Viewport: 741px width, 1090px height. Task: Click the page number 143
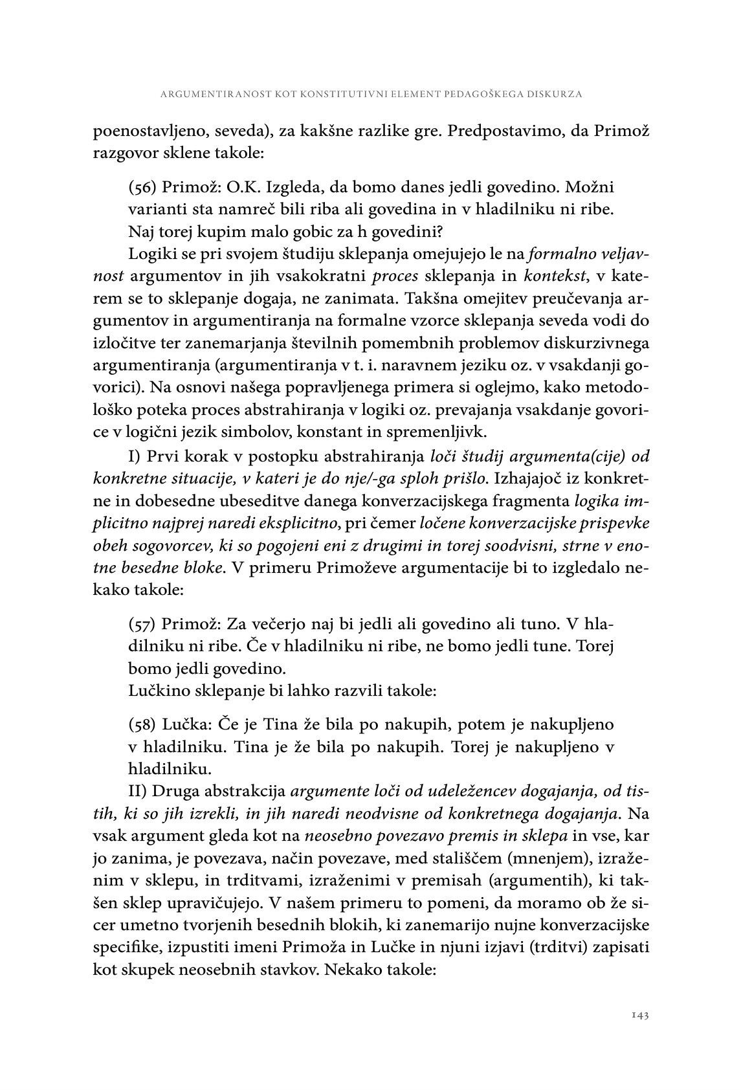pos(639,1016)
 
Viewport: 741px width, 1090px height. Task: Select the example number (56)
pos(142,188)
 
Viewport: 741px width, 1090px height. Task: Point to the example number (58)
pos(142,724)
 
